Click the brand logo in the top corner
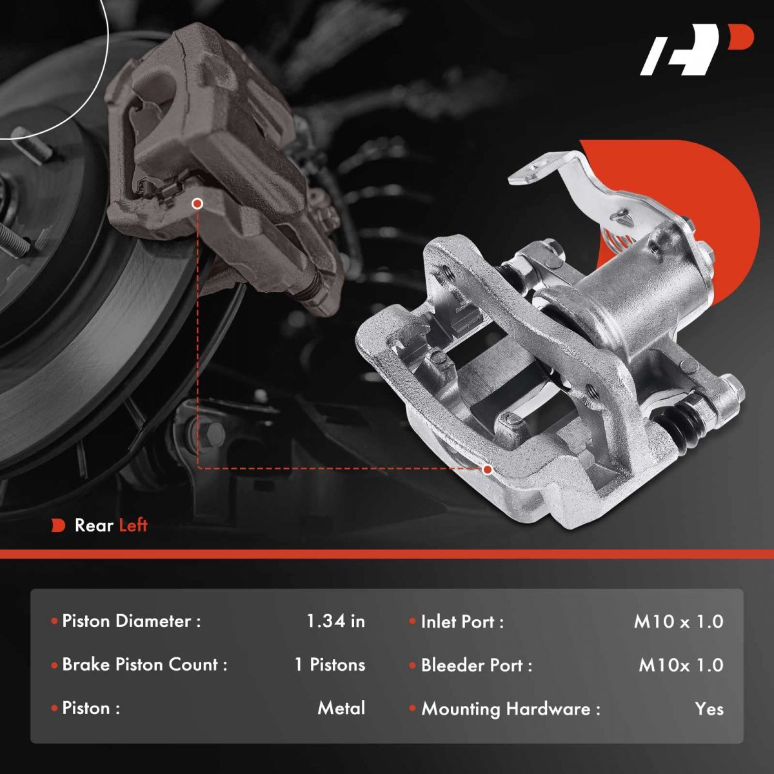point(697,55)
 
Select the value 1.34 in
point(336,621)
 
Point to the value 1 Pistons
point(330,665)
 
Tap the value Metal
point(341,708)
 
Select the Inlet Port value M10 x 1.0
point(679,621)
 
